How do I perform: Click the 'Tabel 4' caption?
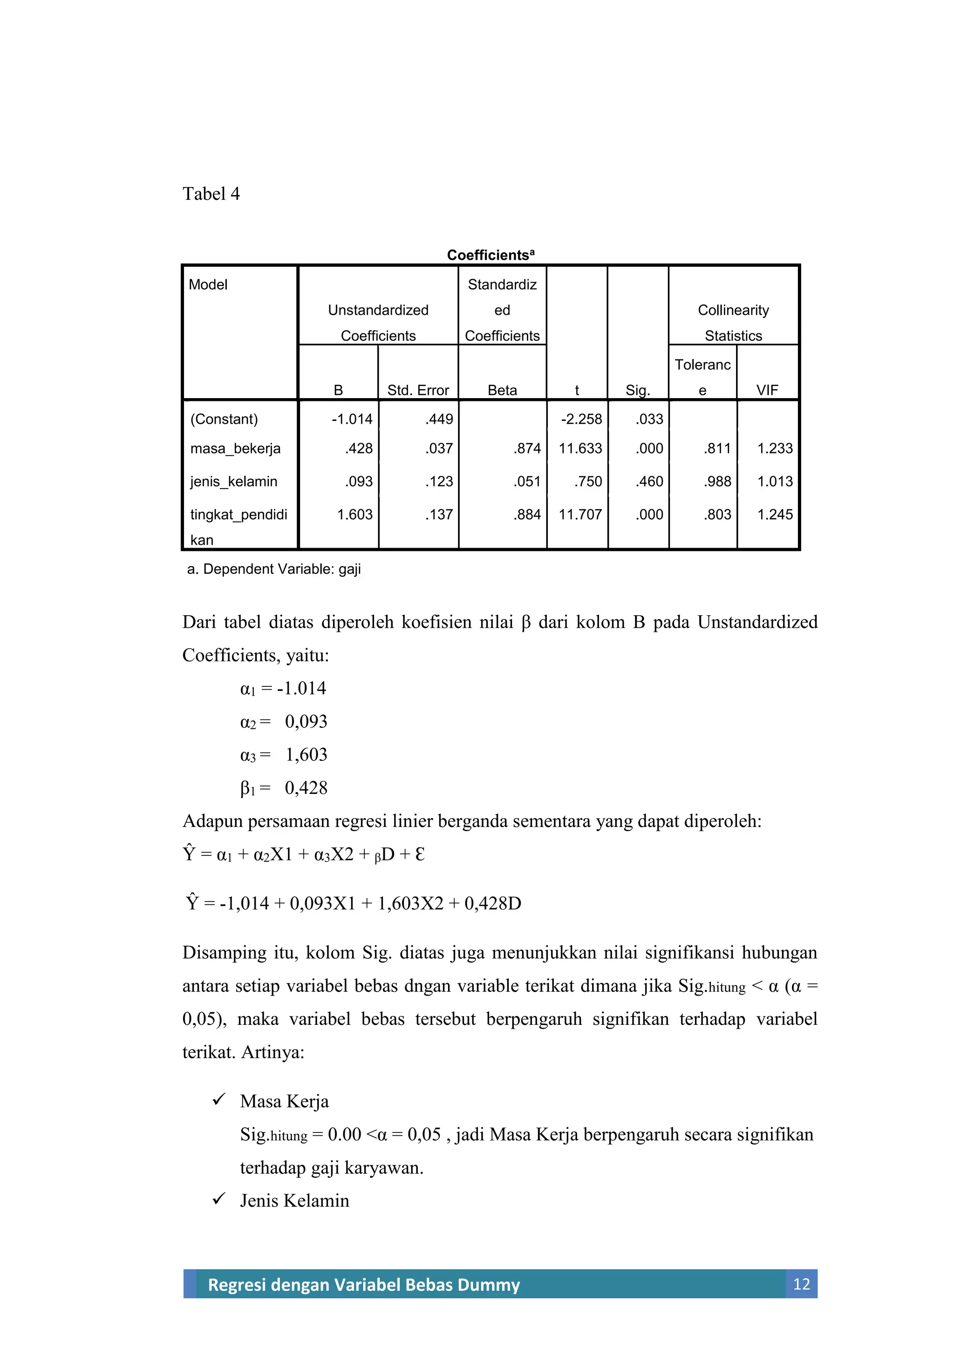click(x=211, y=194)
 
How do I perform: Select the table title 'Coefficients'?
click(x=490, y=255)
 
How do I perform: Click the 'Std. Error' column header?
click(x=417, y=390)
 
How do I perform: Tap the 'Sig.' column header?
click(x=637, y=390)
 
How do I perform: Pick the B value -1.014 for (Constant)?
click(x=352, y=419)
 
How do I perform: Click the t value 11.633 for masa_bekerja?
click(x=579, y=448)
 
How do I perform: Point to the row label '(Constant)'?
click(x=224, y=419)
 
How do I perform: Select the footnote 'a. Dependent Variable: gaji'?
click(x=273, y=569)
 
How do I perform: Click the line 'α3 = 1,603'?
click(x=283, y=754)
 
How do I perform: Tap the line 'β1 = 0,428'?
click(x=283, y=788)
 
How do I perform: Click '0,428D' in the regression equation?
click(x=492, y=903)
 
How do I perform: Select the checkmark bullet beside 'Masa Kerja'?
click(x=218, y=1099)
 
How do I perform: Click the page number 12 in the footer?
click(x=801, y=1284)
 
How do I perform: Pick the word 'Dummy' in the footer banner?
click(x=490, y=1285)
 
